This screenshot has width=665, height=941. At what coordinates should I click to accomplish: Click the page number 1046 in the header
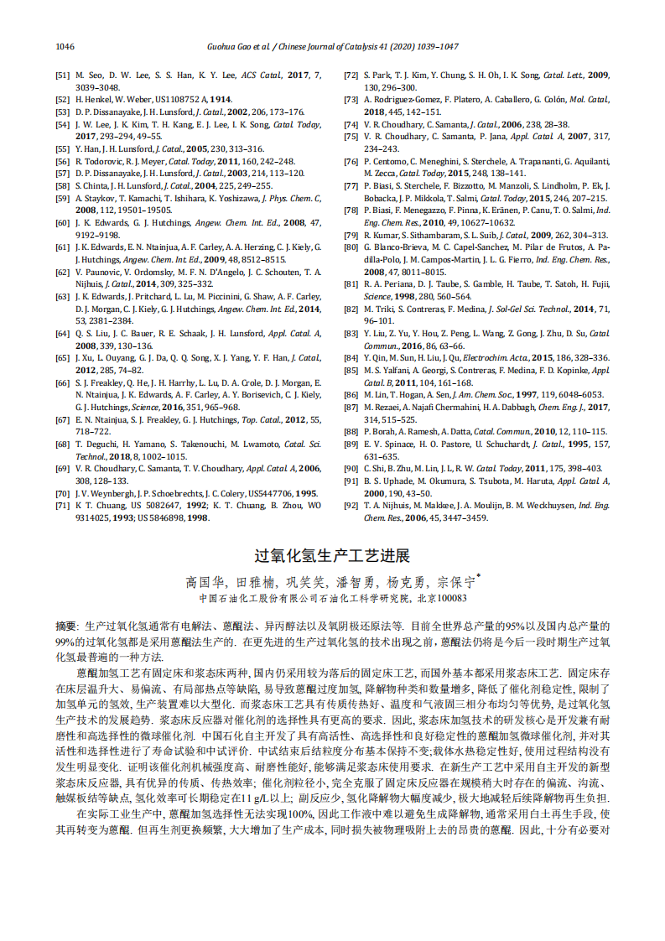pos(65,46)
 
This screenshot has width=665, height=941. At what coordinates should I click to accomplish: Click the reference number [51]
pos(62,75)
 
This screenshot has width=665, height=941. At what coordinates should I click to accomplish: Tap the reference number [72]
pos(351,75)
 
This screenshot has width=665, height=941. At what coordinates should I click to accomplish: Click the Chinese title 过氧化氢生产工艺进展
pos(332,556)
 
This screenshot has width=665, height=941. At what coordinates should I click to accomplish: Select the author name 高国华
pos(202,581)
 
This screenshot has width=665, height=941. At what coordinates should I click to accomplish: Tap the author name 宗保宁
pos(452,581)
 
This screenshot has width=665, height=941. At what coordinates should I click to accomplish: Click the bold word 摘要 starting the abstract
pos(65,626)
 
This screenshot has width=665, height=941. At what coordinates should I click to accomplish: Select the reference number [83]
pos(351,333)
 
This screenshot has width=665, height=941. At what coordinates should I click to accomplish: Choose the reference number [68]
pos(62,444)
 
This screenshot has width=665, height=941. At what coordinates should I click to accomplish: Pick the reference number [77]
pos(351,185)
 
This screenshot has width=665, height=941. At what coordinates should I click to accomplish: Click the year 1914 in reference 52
pos(221,99)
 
